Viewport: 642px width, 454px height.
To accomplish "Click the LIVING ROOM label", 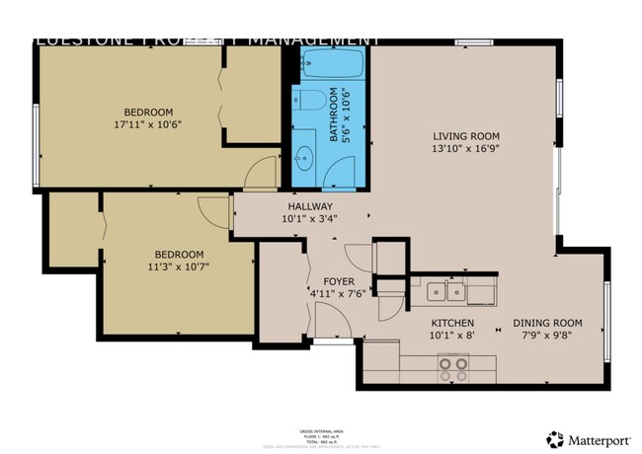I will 466,136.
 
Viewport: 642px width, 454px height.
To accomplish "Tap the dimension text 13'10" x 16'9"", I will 466,150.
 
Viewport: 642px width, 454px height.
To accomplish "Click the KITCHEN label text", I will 452,324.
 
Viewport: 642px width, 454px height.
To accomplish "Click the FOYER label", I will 325,281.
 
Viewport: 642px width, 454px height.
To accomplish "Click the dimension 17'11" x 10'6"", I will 148,125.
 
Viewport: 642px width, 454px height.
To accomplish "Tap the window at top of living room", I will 467,41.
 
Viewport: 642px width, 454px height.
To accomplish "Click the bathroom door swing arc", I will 259,172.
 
